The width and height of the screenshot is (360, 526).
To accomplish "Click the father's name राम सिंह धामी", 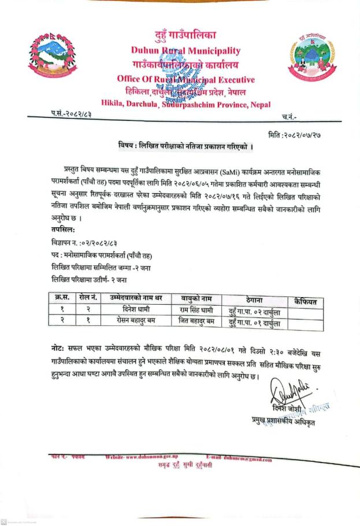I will coord(198,310).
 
